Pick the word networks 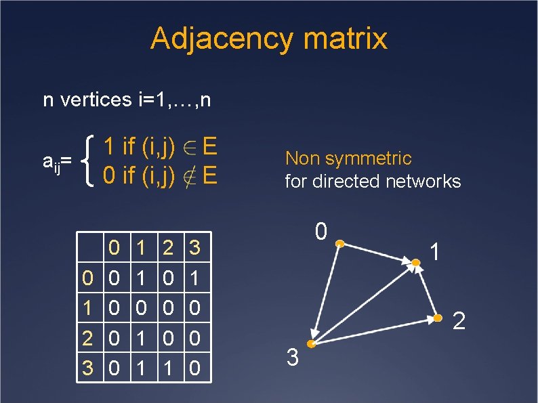click(x=423, y=182)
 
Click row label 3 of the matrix click(x=87, y=368)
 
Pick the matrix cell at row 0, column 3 click(x=194, y=278)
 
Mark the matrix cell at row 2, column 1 click(x=141, y=337)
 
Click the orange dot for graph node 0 click(x=340, y=244)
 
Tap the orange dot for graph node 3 click(x=310, y=344)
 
